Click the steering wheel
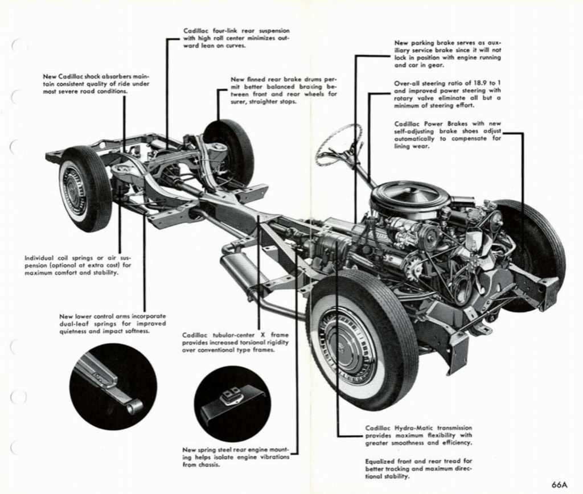339,145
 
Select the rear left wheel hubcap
74,187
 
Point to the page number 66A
560,484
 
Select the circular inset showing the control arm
113,386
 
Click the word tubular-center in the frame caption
233,335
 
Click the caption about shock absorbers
96,84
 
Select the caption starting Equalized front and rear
418,468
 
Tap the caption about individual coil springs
77,265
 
